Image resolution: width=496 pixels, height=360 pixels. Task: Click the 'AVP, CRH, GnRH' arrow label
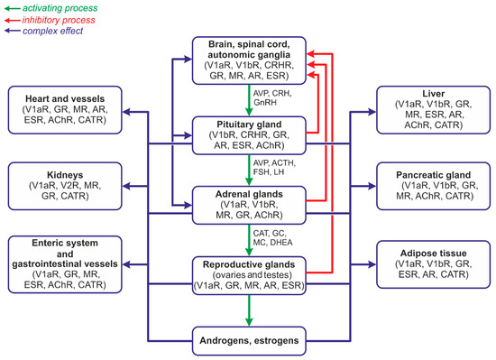pyautogui.click(x=276, y=100)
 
